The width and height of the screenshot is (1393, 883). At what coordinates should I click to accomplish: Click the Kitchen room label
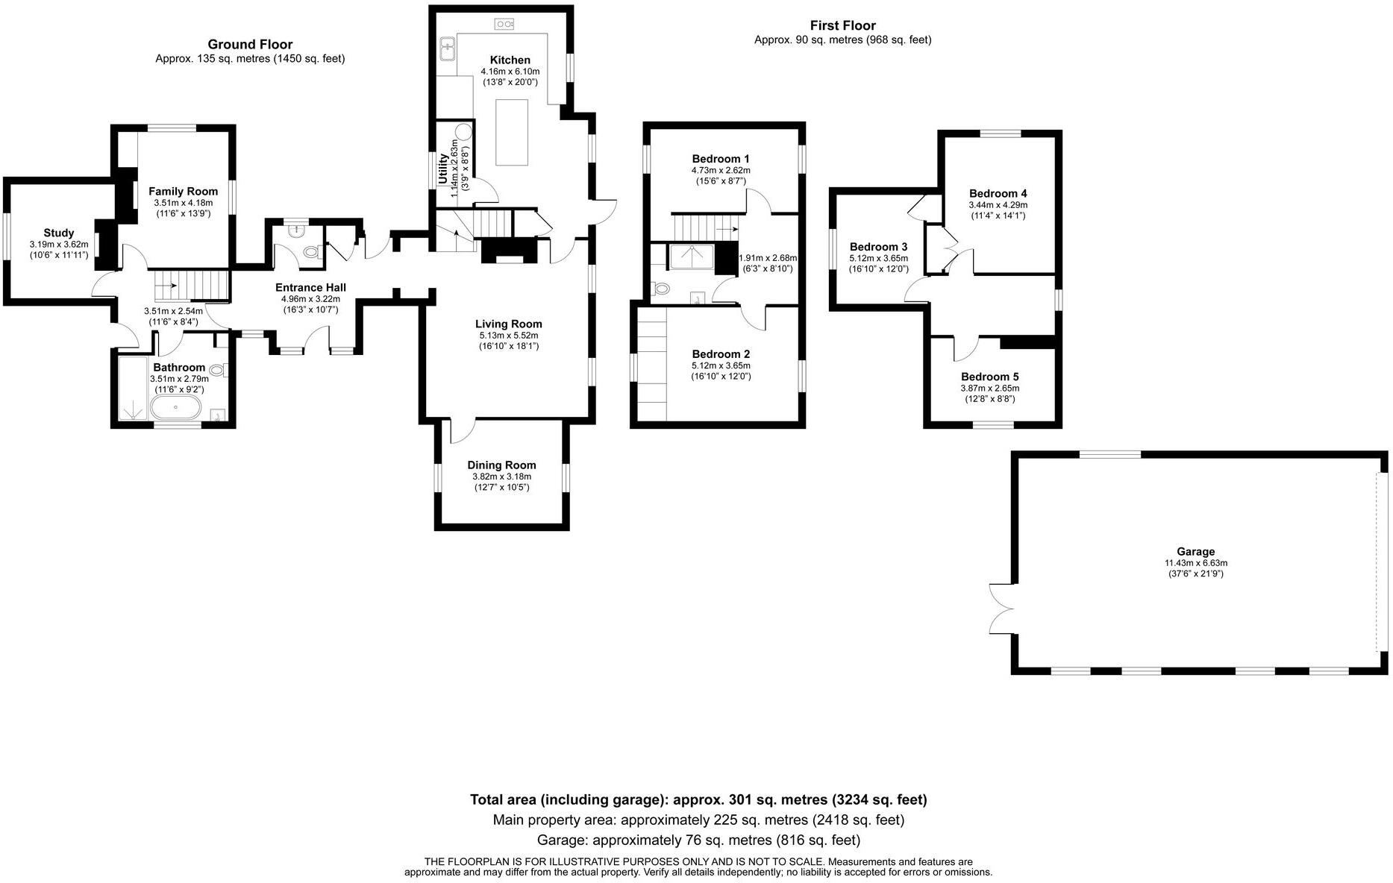point(510,60)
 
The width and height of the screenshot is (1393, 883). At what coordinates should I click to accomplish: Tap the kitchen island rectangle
point(512,132)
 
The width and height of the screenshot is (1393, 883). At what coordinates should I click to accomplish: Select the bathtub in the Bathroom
point(175,407)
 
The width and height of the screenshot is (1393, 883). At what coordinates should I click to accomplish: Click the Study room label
point(58,233)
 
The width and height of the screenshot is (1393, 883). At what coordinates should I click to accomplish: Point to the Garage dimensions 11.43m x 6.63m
point(1195,563)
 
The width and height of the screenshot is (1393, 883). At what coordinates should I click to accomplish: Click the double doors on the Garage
point(999,609)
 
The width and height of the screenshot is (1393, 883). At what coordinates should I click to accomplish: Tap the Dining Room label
point(501,465)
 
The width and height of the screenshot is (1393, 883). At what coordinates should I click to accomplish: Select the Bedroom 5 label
point(989,377)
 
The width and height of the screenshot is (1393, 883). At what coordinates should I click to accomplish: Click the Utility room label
point(443,169)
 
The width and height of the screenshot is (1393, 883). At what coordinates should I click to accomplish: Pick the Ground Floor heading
point(250,45)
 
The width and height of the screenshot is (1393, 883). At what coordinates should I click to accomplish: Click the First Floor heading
point(842,26)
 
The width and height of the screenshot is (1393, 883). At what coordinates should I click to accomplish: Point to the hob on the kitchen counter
point(504,25)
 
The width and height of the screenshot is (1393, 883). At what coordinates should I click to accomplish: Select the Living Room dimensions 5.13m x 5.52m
point(508,336)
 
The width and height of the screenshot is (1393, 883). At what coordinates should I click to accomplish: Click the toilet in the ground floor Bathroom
point(218,369)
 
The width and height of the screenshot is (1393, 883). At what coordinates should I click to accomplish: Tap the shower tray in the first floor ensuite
point(692,257)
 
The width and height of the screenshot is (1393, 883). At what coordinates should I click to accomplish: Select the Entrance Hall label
point(310,288)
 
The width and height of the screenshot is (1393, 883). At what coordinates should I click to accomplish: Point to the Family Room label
point(183,192)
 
